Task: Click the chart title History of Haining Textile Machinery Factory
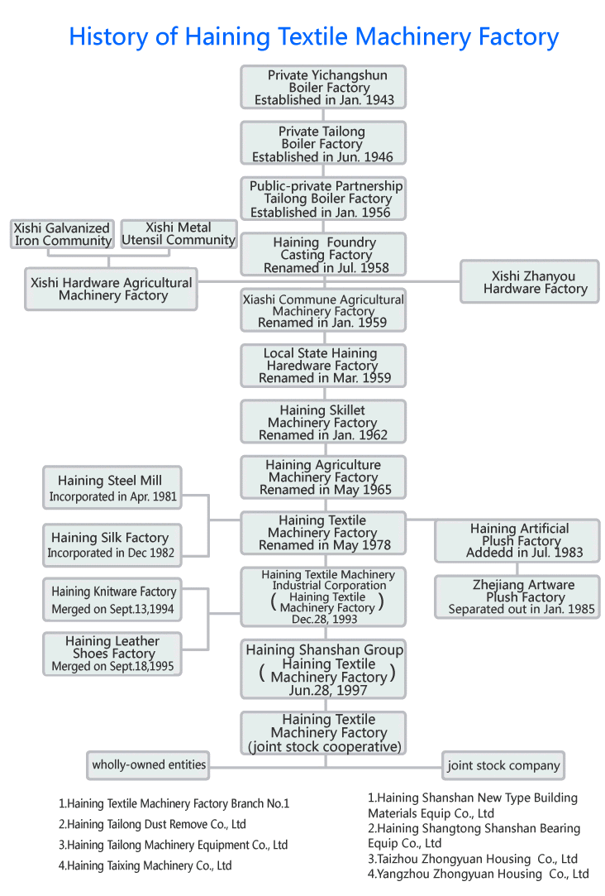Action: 313,37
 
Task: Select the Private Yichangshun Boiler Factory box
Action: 323,87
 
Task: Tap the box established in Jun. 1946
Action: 323,143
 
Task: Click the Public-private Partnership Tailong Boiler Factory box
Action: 323,199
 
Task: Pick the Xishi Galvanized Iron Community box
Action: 63,234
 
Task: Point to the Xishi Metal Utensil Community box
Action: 179,233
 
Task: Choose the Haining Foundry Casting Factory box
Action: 323,255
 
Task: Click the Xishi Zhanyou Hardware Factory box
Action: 529,282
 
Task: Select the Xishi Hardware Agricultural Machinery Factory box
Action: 112,289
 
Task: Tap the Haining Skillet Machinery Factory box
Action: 323,422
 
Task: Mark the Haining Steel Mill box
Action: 111,488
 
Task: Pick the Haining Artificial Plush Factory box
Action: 517,540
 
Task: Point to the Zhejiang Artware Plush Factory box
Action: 517,597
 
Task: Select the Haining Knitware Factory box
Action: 112,600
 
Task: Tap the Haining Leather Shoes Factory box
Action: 112,653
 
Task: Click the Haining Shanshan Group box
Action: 323,669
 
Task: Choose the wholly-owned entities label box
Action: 149,765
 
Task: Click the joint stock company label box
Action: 503,765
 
